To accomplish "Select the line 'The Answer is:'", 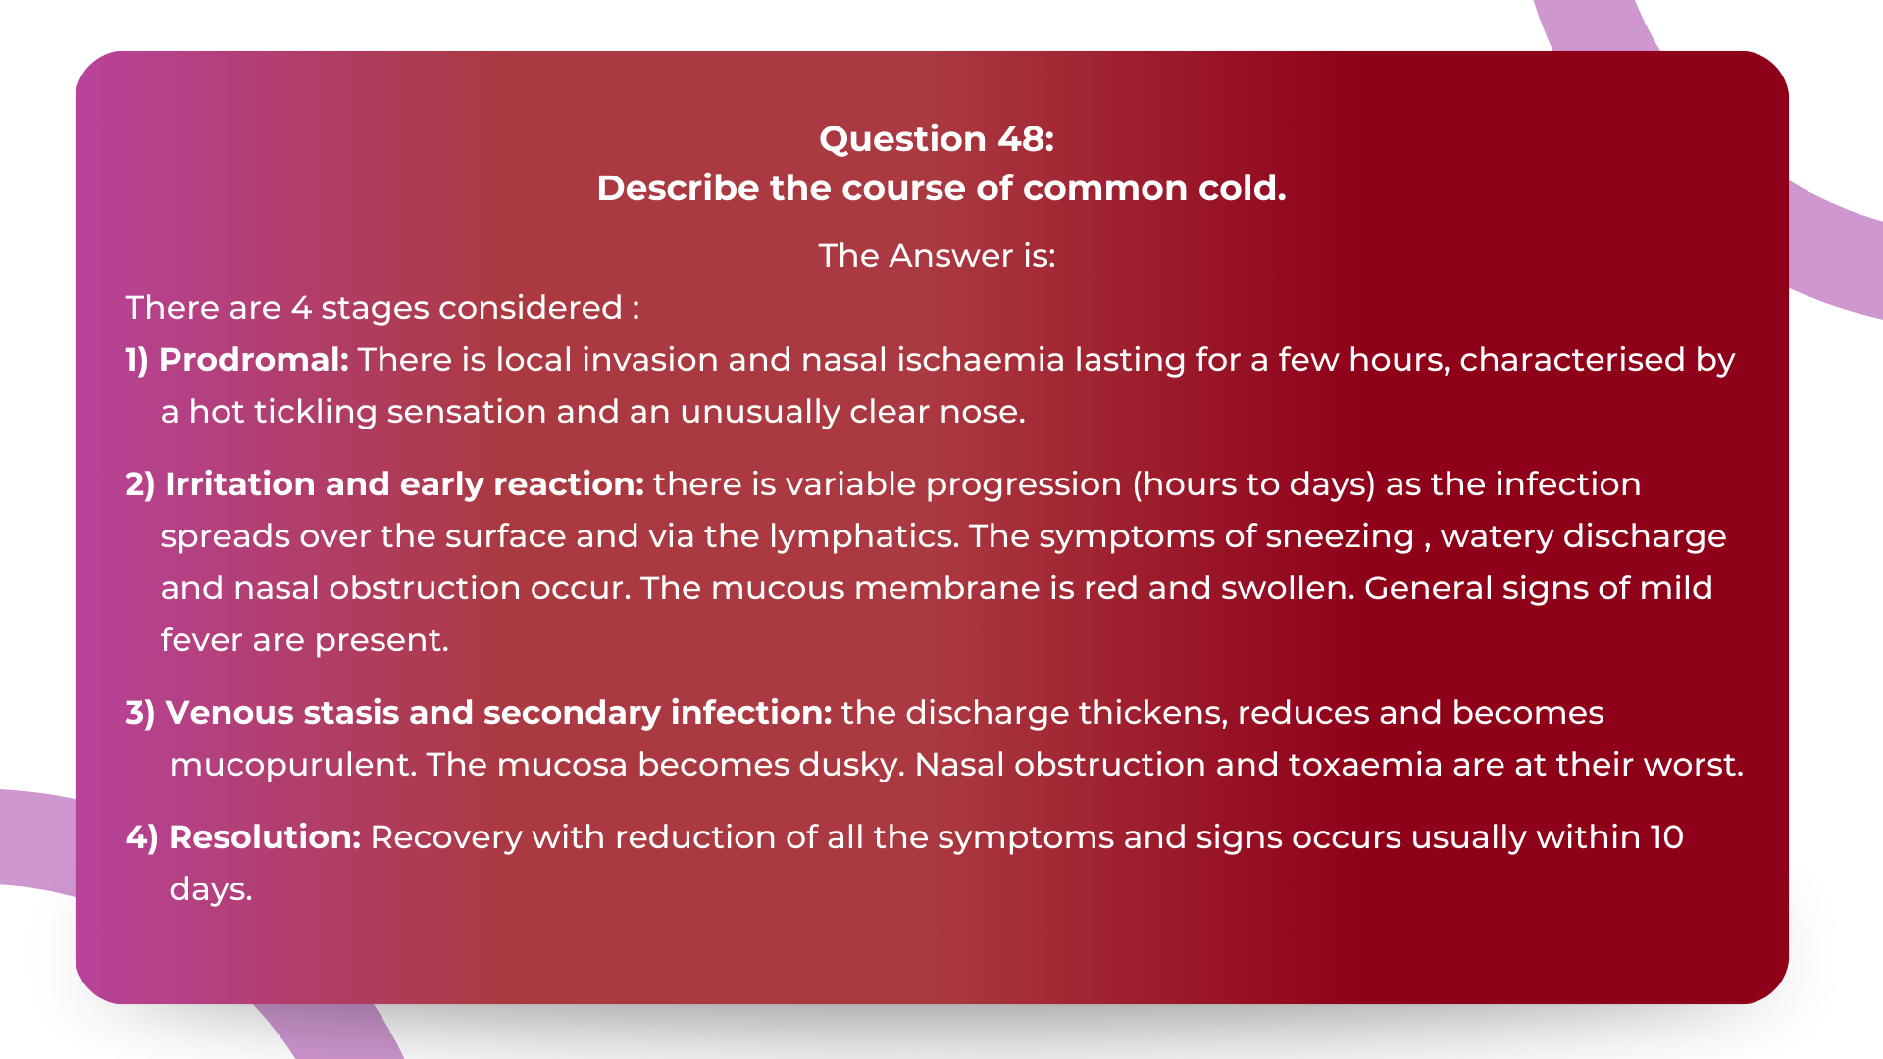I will click(x=937, y=256).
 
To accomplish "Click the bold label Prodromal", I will click(x=254, y=360).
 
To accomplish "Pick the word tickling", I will click(x=315, y=412).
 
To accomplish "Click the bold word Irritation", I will click(x=240, y=484).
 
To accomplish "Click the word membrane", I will click(x=945, y=588).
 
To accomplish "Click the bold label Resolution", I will click(x=265, y=837).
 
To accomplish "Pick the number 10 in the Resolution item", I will click(x=1666, y=837).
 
